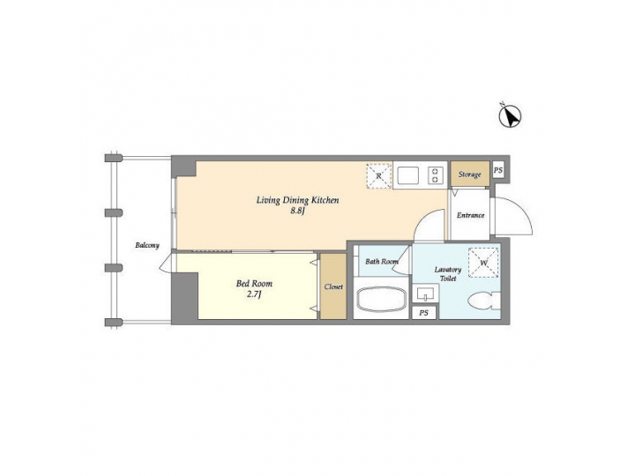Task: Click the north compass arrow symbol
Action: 512,115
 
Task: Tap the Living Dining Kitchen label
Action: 298,200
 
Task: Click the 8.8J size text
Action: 298,212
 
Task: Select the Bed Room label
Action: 254,284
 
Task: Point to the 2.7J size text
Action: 254,296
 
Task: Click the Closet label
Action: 333,287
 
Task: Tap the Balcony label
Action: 147,245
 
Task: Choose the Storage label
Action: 469,175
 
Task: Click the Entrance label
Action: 470,215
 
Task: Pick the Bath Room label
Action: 382,262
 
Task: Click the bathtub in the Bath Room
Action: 381,300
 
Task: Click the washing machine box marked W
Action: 482,262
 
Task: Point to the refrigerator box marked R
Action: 378,175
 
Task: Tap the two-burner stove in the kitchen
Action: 435,175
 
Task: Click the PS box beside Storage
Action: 498,171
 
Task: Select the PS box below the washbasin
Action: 424,313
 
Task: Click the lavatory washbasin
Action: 424,294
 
